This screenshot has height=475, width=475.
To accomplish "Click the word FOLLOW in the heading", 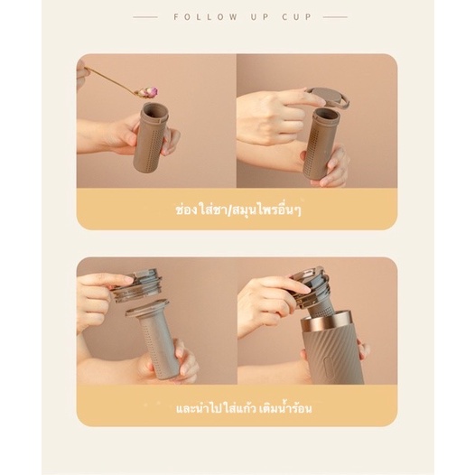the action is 206,17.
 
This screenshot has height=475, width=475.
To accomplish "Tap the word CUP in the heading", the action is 297,17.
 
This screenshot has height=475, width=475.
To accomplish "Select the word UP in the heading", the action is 260,17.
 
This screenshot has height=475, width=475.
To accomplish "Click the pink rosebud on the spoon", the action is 151,90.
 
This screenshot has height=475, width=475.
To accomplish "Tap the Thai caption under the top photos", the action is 238,210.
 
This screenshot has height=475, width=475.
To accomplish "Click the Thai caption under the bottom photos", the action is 244,408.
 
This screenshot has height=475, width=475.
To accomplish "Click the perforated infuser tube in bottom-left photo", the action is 157,346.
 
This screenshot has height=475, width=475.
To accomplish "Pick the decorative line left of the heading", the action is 145,17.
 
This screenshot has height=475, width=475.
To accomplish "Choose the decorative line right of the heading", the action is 335,17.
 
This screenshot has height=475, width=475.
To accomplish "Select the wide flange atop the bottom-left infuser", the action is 147,308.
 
